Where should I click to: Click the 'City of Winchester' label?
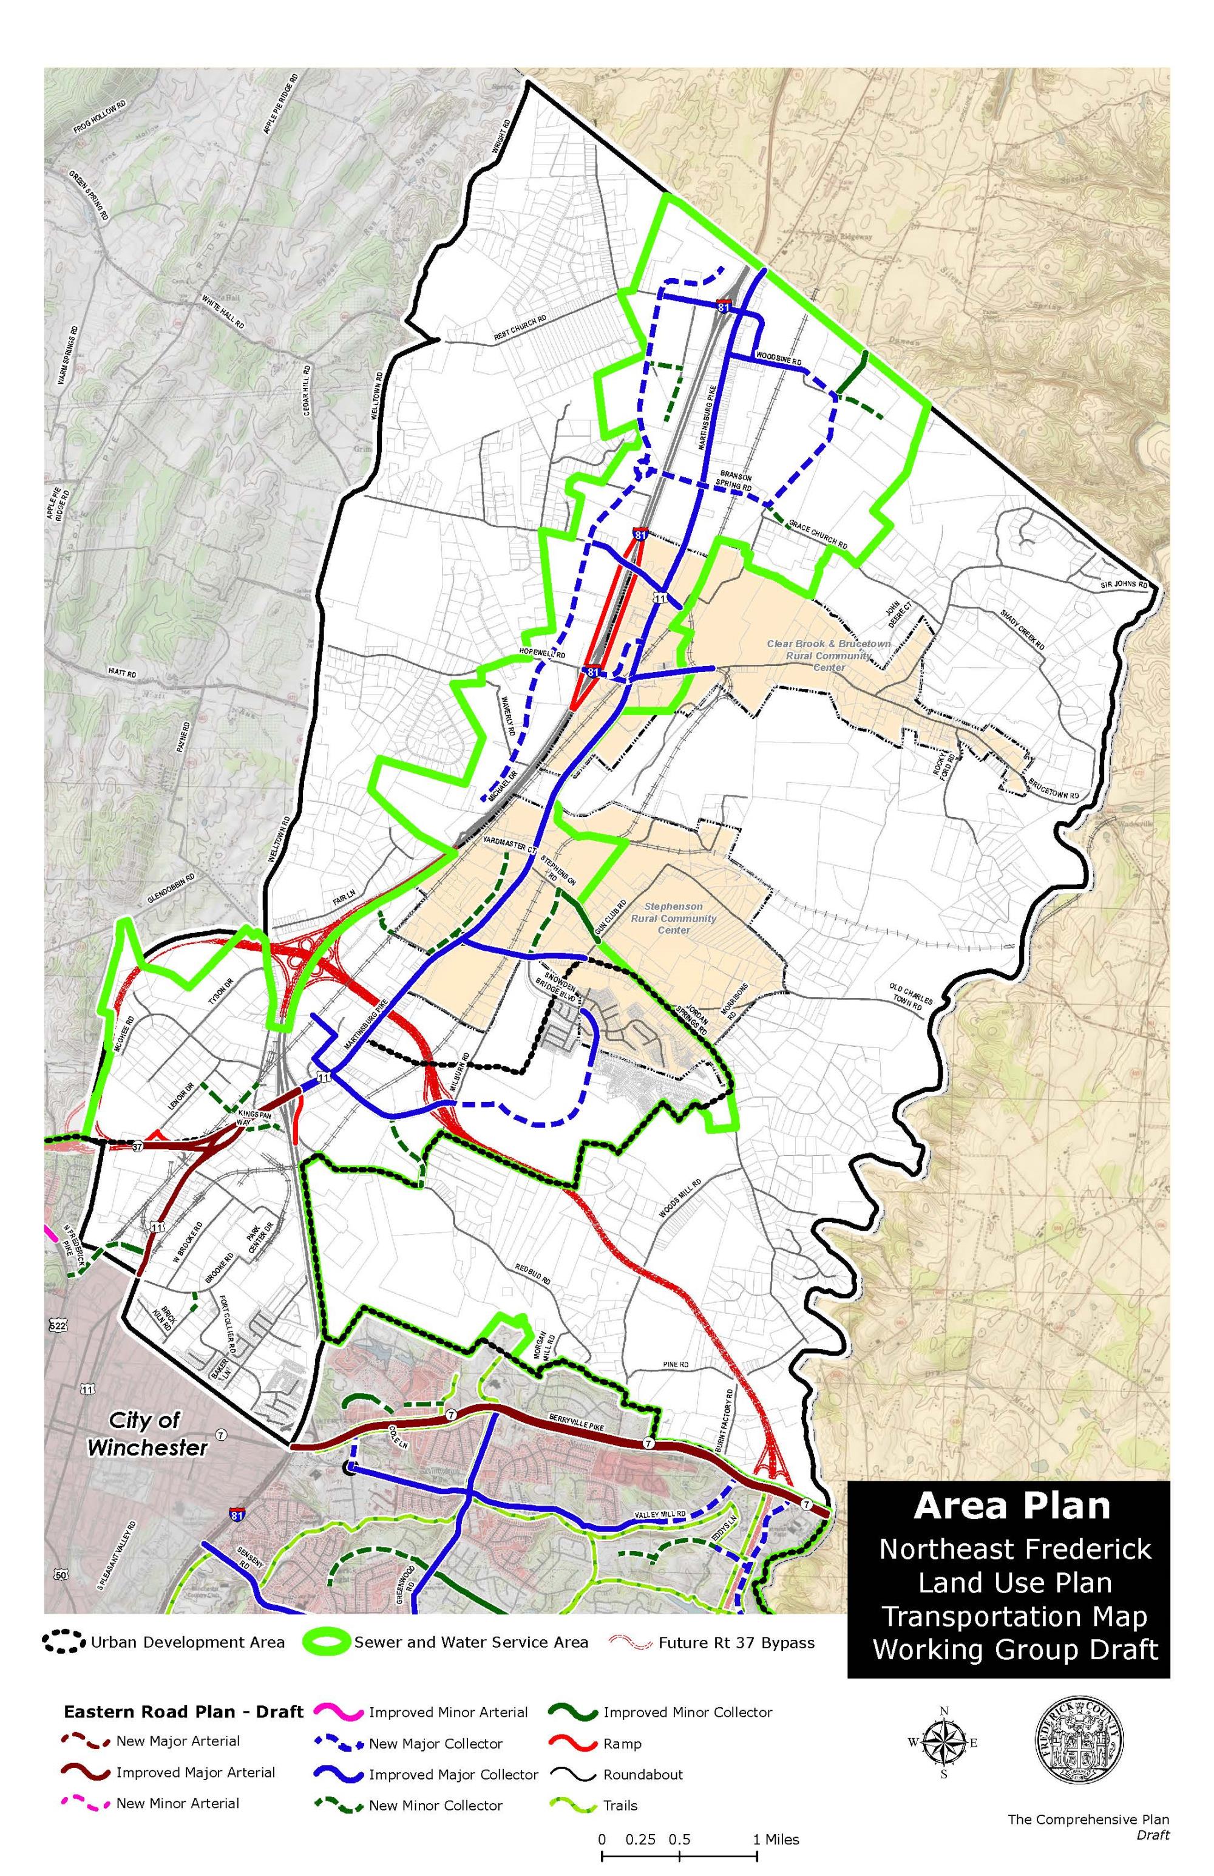pyautogui.click(x=148, y=1434)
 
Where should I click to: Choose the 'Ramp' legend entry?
pyautogui.click(x=622, y=1744)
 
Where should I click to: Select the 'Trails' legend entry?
pyautogui.click(x=620, y=1805)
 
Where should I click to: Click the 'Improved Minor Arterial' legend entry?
pyautogui.click(x=448, y=1712)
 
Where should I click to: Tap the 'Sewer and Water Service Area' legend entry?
pyautogui.click(x=470, y=1642)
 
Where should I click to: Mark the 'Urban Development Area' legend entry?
pyautogui.click(x=187, y=1642)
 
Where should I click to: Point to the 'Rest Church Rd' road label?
pyautogui.click(x=520, y=328)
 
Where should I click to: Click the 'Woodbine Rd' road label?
pyautogui.click(x=779, y=359)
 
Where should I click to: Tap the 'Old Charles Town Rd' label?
pyautogui.click(x=910, y=996)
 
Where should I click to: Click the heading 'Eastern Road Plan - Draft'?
pyautogui.click(x=183, y=1711)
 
